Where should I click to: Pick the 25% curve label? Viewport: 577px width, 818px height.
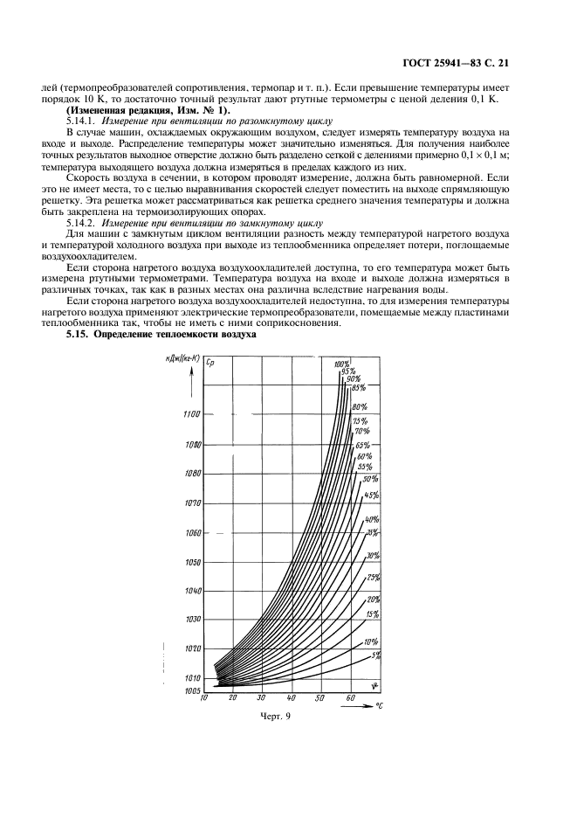(374, 578)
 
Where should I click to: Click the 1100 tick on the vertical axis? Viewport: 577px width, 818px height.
(192, 414)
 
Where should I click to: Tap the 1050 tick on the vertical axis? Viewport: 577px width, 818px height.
(192, 562)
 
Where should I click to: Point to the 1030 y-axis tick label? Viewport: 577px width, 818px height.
(192, 620)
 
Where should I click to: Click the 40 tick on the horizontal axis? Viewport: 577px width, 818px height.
(292, 699)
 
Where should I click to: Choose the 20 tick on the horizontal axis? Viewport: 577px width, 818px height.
(233, 699)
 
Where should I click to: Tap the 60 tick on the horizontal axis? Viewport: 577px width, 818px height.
(350, 699)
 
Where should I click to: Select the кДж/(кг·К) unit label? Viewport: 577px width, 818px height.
(182, 360)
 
